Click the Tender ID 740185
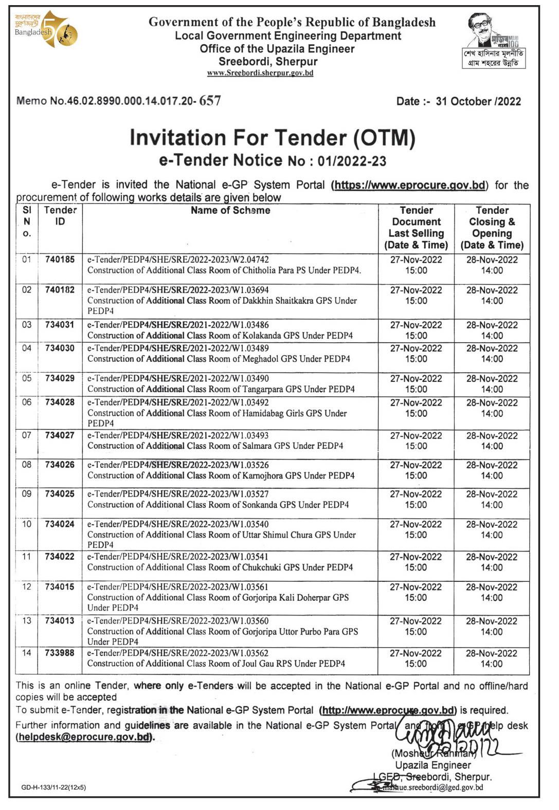point(60,260)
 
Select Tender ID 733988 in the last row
point(60,653)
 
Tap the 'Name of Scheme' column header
point(230,210)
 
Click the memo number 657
point(210,101)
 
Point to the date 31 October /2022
point(478,101)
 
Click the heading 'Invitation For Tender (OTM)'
point(272,138)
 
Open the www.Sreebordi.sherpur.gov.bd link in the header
point(260,73)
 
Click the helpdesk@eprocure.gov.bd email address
point(85,737)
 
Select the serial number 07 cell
point(27,435)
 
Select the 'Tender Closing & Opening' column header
point(492,228)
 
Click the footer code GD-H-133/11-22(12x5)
point(53,787)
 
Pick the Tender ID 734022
point(60,557)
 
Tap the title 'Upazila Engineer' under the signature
point(433,765)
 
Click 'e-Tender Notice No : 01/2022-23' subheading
point(273,161)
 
